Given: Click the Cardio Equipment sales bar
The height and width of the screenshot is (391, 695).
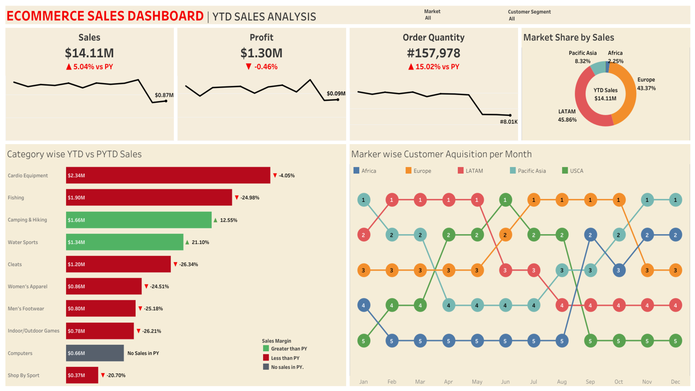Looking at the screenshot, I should click(x=168, y=175).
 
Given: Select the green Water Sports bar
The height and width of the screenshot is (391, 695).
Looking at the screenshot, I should click(x=125, y=242).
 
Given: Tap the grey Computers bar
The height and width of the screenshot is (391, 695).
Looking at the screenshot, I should click(x=95, y=353).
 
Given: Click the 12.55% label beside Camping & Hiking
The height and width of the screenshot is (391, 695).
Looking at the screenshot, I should click(x=228, y=220).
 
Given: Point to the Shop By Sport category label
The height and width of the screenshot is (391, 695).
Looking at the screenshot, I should click(x=24, y=375).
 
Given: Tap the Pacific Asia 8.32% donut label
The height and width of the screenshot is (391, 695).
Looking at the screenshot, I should click(x=582, y=57).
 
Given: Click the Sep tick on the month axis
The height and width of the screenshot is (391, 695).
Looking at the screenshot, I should click(x=590, y=382).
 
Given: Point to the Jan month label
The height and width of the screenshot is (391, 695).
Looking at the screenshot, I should click(x=363, y=382).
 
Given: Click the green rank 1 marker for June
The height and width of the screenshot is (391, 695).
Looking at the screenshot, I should click(x=505, y=200).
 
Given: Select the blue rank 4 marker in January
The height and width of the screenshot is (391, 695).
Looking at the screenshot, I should click(x=363, y=305).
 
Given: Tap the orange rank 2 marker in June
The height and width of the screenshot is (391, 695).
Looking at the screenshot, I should click(x=505, y=235).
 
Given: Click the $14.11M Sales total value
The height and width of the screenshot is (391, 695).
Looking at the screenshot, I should click(x=89, y=53).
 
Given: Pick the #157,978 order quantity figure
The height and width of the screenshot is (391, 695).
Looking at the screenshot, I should click(x=434, y=53).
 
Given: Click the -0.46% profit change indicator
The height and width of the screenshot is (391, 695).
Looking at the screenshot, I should click(x=262, y=67).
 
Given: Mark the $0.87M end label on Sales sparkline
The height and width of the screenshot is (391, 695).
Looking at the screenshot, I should click(x=164, y=95).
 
